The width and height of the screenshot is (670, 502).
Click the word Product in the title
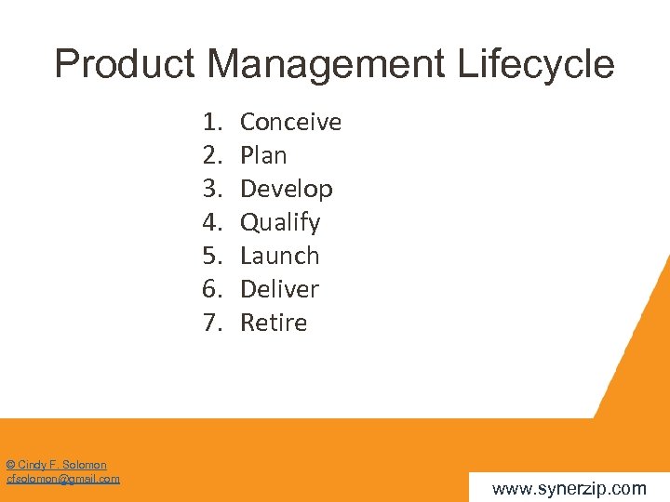coord(125,65)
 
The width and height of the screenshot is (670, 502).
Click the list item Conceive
coord(290,122)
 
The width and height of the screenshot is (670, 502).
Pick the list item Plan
coord(263,155)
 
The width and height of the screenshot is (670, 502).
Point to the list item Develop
coord(286,189)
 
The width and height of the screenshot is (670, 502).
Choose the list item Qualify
coord(280,223)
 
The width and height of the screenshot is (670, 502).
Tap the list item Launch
coord(279,256)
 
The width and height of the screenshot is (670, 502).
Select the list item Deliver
coord(279,289)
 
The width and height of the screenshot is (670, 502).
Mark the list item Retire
coord(274,323)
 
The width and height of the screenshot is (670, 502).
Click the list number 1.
coord(212,122)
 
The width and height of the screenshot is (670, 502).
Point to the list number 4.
coord(212,222)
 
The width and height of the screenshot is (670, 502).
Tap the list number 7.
coord(212,323)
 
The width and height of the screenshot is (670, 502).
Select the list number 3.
coord(212,189)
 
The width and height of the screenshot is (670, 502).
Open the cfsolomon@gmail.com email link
coord(63,479)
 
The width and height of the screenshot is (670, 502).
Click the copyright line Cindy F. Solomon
coord(56,465)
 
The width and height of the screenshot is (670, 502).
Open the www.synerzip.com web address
coord(569,488)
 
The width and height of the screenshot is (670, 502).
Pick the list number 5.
coord(212,256)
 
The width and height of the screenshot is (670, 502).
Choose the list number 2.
coord(212,155)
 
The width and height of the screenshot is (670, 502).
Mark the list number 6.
coord(212,289)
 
